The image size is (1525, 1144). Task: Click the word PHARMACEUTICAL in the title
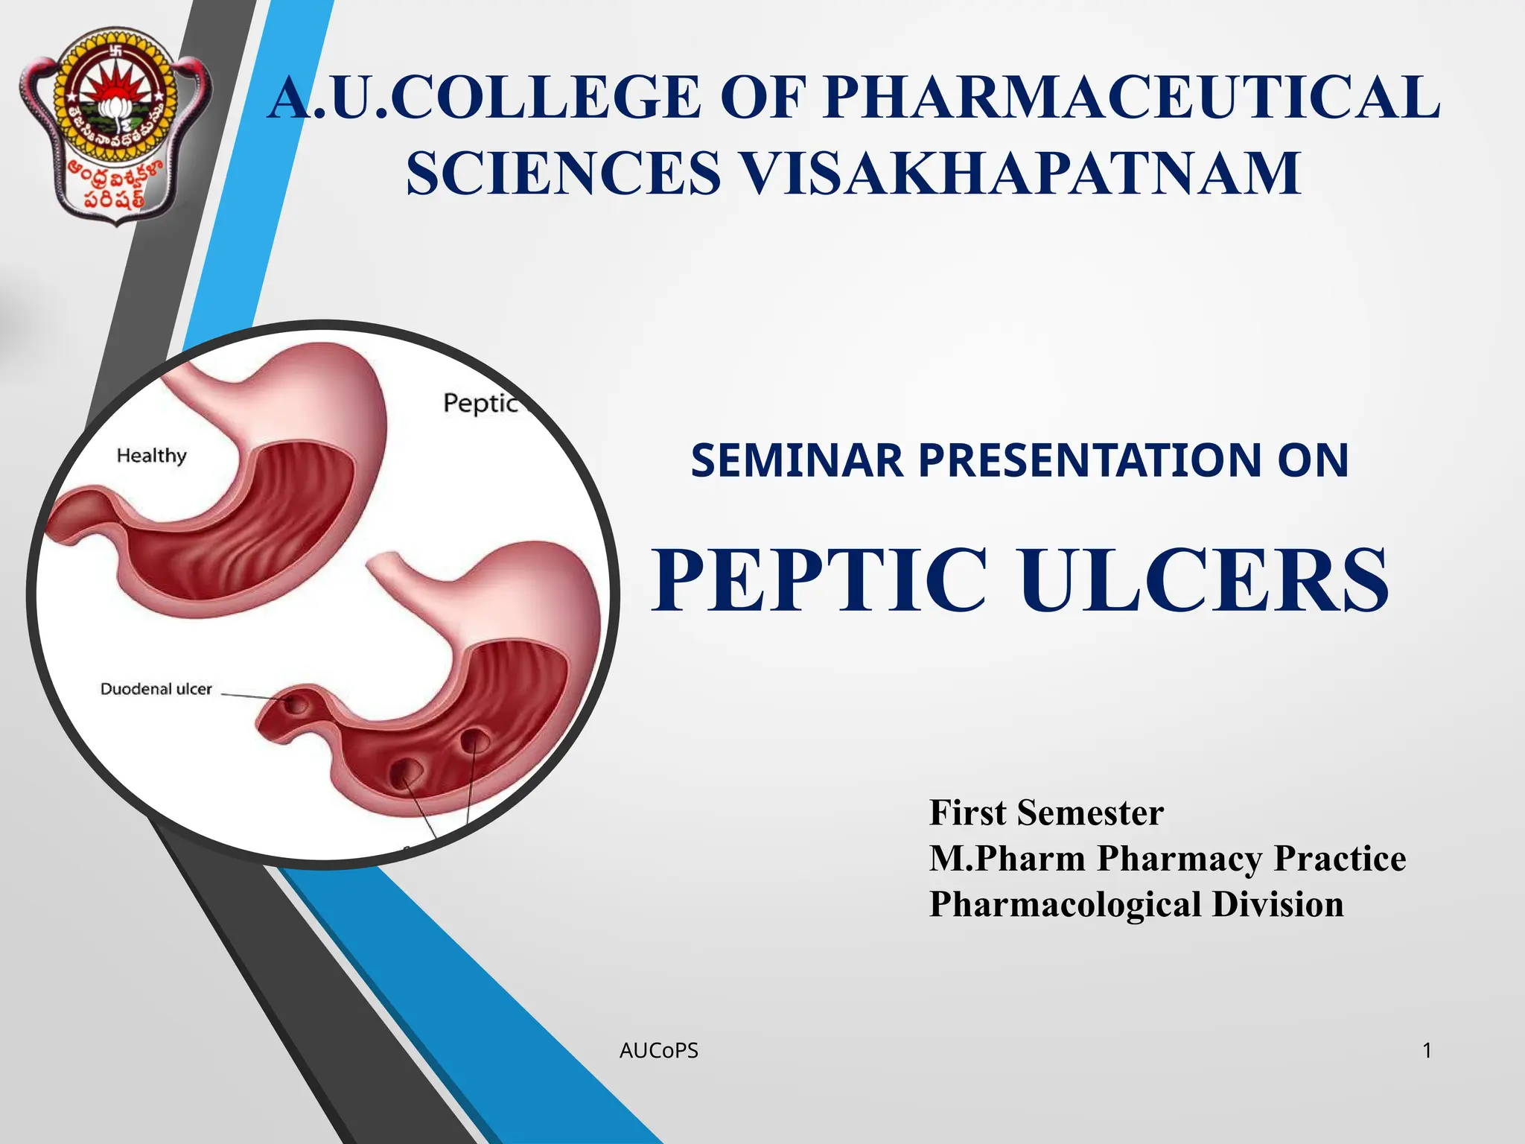click(1131, 97)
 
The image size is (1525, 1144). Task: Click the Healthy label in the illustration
click(151, 455)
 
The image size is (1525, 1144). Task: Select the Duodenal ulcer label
click(156, 689)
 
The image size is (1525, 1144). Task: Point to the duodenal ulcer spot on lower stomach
click(296, 704)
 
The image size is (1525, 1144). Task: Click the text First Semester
click(1045, 813)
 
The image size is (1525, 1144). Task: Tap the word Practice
click(1340, 858)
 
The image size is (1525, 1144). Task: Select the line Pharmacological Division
click(1136, 904)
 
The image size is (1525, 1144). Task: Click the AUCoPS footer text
click(658, 1051)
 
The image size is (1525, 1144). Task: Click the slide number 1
click(1427, 1051)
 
